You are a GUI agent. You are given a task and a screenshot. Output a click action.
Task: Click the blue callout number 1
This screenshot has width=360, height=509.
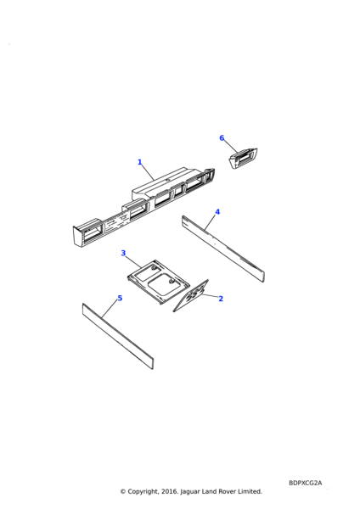point(140,162)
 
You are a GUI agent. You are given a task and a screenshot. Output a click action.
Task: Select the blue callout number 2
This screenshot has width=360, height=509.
point(221,299)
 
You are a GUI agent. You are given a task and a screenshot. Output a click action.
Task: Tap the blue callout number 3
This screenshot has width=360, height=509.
point(123,253)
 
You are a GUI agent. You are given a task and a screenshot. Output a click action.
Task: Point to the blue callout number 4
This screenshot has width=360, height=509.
point(217,212)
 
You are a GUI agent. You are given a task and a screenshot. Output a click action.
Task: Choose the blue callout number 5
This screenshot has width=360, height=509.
point(120,298)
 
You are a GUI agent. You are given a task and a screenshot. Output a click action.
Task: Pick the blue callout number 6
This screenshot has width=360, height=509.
point(222,138)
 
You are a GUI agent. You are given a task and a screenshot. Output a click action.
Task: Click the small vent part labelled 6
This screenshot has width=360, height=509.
point(244,159)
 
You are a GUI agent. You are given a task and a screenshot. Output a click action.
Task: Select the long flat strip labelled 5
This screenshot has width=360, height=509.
point(118,336)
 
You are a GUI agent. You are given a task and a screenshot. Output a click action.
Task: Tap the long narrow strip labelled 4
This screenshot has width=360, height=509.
point(223,249)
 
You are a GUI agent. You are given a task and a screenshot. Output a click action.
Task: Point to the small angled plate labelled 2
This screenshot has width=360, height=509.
point(191,296)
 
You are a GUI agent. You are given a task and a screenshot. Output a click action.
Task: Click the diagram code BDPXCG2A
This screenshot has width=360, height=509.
point(305,483)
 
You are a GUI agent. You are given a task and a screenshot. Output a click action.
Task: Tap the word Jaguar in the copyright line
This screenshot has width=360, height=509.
point(189,491)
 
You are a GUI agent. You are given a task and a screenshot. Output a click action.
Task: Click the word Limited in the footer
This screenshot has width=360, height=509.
point(250,491)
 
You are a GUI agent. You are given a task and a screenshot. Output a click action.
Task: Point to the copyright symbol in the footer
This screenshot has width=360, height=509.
point(123,491)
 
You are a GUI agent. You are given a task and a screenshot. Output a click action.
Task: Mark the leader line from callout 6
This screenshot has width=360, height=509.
point(231,147)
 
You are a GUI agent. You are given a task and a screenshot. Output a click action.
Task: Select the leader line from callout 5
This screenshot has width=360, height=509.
point(110,309)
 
